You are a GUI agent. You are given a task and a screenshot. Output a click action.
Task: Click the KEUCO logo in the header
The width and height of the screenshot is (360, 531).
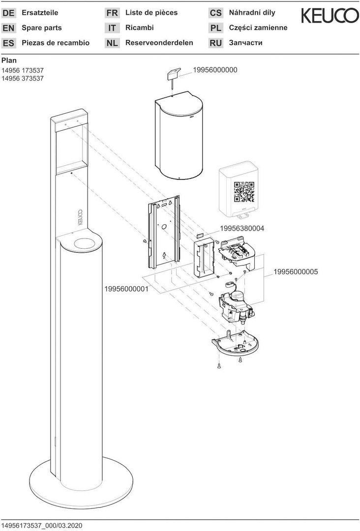(x=330, y=17)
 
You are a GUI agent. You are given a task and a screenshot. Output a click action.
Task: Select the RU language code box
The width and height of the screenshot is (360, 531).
(x=215, y=43)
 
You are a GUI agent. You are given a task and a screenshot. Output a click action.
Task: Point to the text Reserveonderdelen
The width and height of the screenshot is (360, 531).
(x=159, y=43)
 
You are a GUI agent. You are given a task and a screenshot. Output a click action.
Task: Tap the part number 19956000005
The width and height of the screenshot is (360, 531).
(x=296, y=271)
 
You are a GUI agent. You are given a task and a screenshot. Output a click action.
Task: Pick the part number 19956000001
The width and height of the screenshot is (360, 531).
(x=126, y=289)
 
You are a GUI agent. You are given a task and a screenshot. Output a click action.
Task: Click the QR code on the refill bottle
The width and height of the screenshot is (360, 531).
(x=244, y=192)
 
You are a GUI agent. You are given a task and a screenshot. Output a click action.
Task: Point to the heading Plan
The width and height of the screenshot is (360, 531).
(x=9, y=60)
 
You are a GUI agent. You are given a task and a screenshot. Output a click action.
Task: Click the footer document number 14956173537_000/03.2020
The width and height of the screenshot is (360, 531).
(x=42, y=525)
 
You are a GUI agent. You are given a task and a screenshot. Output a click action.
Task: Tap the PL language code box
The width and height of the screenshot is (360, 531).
(x=215, y=28)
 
